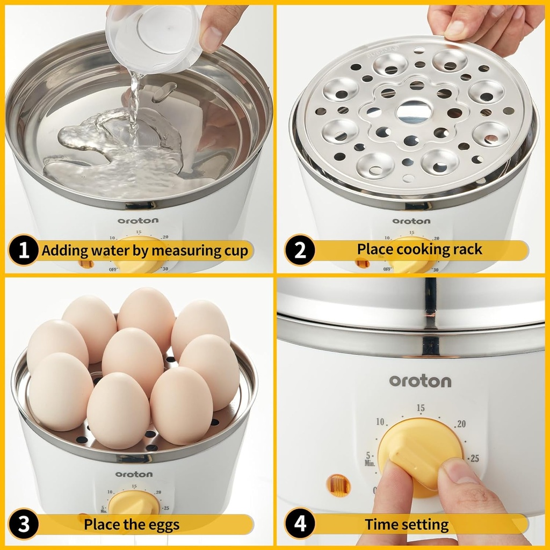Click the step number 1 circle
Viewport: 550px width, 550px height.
click(x=24, y=250)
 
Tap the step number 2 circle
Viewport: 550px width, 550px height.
click(x=299, y=250)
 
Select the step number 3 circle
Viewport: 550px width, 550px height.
click(x=24, y=524)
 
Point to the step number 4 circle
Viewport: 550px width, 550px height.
click(x=299, y=524)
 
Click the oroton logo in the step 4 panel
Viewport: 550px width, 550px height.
click(x=420, y=381)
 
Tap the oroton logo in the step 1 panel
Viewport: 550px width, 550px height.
click(x=139, y=221)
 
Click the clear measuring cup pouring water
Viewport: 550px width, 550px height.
click(x=153, y=35)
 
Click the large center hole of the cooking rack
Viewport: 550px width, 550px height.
click(x=414, y=112)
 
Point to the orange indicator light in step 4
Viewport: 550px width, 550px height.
click(x=338, y=485)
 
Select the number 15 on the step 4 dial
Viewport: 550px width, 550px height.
click(x=420, y=409)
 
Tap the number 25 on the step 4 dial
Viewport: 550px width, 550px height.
click(x=474, y=458)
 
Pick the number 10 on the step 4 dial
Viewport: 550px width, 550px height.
click(x=380, y=422)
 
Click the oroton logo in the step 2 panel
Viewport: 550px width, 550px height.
click(x=411, y=221)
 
